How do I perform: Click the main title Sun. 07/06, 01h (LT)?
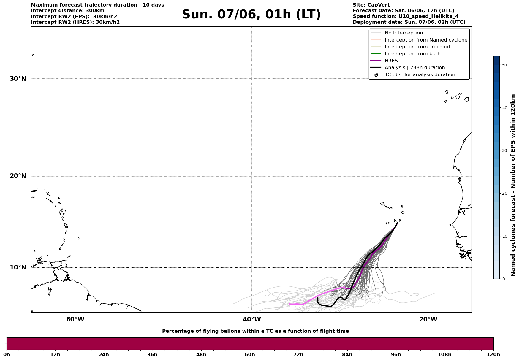251,15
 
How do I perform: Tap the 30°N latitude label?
18,79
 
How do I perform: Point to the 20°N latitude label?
18,176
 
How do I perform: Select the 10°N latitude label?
18,267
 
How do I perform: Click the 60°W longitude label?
75,319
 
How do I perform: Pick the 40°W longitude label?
252,319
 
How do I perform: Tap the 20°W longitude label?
428,319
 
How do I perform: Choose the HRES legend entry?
391,61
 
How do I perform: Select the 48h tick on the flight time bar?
201,354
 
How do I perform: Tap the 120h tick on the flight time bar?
493,354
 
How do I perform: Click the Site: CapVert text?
371,5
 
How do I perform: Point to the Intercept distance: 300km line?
68,11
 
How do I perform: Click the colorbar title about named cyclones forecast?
513,185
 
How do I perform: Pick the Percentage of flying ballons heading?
255,331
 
